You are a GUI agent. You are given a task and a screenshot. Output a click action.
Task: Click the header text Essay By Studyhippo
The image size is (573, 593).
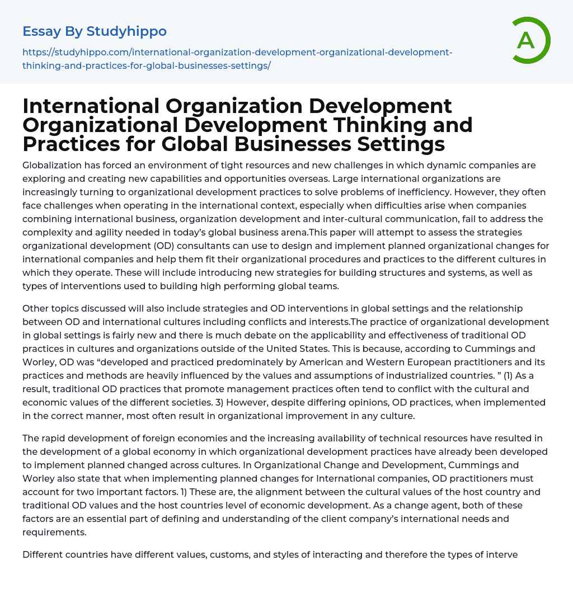(95, 31)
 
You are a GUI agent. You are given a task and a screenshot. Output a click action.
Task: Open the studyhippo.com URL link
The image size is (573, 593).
(237, 59)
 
